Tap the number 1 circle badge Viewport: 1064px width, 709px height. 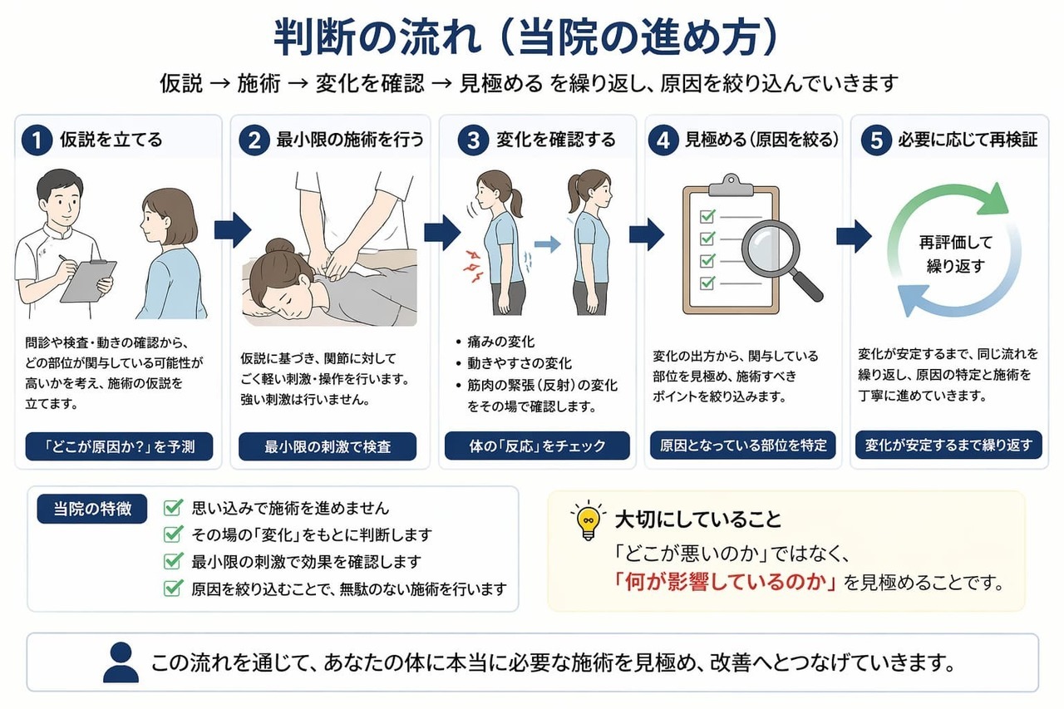click(37, 140)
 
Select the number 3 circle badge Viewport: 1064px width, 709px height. click(473, 140)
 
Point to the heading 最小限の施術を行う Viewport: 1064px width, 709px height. click(349, 140)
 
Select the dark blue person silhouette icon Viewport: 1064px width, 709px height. click(121, 662)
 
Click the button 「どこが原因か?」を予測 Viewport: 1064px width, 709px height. click(118, 446)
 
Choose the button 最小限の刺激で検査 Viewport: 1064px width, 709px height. click(328, 446)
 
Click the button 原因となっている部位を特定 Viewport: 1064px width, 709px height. click(743, 446)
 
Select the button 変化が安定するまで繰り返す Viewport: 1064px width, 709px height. click(948, 446)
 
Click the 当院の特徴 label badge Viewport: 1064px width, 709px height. click(92, 509)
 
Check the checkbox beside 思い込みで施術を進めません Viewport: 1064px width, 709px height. click(173, 508)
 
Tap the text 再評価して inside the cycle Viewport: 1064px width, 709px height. click(955, 244)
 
